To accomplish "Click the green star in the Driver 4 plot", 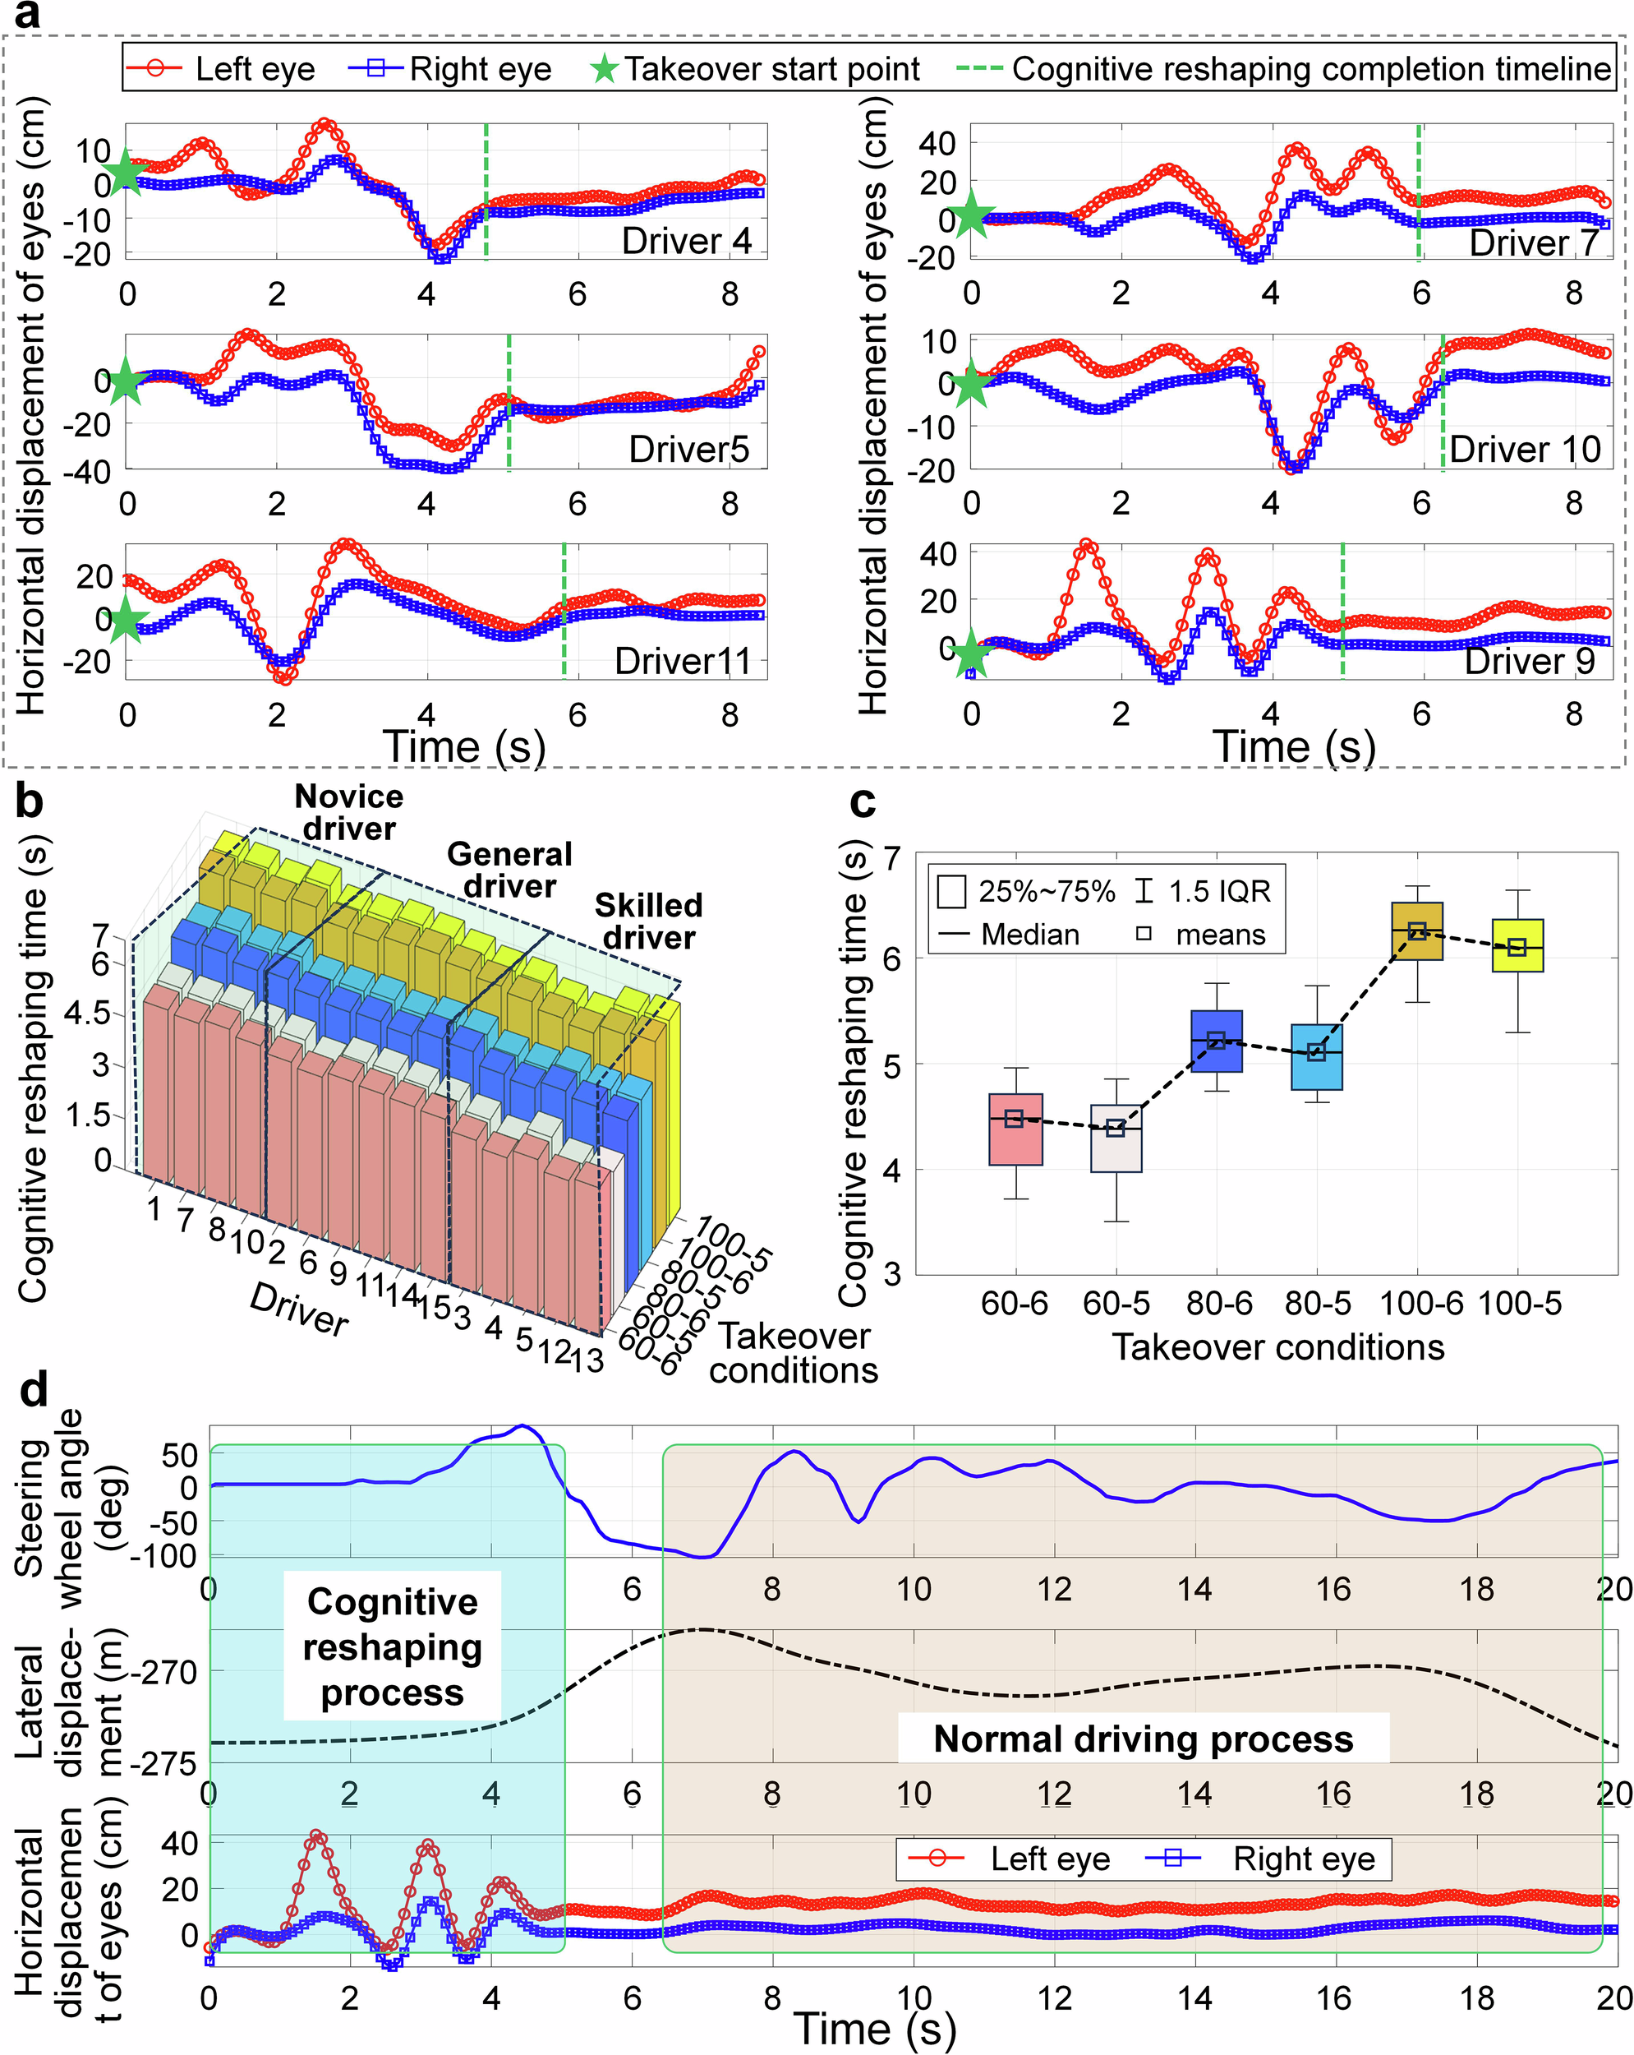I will point(126,173).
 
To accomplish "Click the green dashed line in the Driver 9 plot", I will point(1342,610).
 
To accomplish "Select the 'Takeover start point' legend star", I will point(604,68).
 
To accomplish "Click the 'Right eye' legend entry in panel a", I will point(479,68).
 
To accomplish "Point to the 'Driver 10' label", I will point(1525,449).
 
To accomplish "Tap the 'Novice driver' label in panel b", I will point(348,812).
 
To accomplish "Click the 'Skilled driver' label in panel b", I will point(649,921).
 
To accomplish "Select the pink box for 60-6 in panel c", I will point(1015,1129).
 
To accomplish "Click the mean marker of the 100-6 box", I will point(1417,931).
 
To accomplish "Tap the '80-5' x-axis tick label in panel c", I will point(1318,1303).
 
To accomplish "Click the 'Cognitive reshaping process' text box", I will point(392,1646).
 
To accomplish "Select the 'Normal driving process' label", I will point(1143,1739).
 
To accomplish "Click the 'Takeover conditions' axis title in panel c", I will point(1277,1348).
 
